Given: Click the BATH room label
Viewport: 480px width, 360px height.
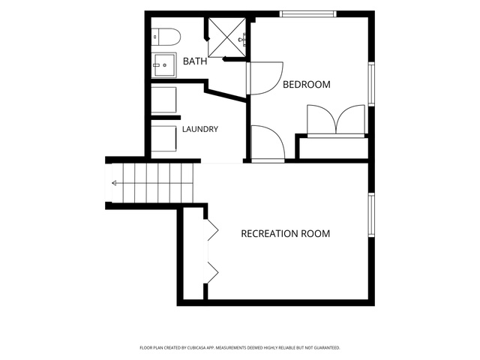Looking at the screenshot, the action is [195, 61].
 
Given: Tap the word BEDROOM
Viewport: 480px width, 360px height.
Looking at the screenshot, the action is [307, 85].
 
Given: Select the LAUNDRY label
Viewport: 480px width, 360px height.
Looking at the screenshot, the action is [200, 129].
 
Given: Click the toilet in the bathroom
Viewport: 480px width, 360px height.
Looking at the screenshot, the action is [166, 37].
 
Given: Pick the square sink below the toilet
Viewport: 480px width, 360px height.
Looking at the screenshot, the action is [164, 65].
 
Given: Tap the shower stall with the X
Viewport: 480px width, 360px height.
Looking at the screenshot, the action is [226, 37].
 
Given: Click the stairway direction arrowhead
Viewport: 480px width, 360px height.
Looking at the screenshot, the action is [114, 183].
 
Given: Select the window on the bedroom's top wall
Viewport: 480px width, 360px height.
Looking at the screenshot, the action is [308, 13].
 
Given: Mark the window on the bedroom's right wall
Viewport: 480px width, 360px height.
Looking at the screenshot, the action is [371, 84].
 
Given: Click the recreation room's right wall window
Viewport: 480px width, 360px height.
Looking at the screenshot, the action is [371, 215].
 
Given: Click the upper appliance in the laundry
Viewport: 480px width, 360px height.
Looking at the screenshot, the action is [163, 100].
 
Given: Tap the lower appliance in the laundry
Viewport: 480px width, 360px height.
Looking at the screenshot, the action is [163, 138].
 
